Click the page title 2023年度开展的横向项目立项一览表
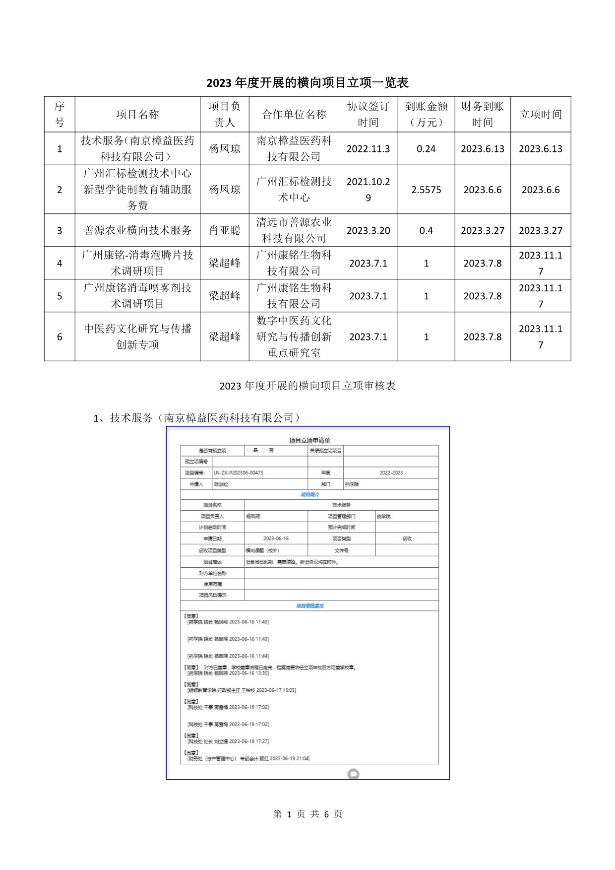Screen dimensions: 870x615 (307, 82)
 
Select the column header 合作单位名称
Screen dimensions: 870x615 (294, 114)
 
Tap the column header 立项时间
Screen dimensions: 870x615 (541, 114)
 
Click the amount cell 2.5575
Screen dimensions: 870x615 (426, 190)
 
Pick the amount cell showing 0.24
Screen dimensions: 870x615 (426, 149)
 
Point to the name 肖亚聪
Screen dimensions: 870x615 (225, 230)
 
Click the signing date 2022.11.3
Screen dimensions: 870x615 (368, 149)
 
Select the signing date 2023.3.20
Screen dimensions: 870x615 (368, 230)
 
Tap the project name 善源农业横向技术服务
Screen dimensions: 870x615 (137, 230)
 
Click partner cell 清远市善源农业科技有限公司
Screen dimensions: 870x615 (294, 230)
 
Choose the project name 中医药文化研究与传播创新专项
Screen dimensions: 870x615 (137, 336)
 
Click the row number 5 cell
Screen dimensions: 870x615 (60, 296)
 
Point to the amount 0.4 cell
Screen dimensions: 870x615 (426, 230)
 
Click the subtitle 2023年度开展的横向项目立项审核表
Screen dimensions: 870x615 (307, 386)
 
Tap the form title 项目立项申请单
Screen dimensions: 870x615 (309, 440)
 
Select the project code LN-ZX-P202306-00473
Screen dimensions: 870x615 (238, 472)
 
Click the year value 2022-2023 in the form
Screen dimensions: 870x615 (391, 472)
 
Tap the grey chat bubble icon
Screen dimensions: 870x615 (353, 774)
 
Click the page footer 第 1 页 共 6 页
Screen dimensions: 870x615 (307, 814)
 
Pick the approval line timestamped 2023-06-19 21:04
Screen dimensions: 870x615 (248, 758)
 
